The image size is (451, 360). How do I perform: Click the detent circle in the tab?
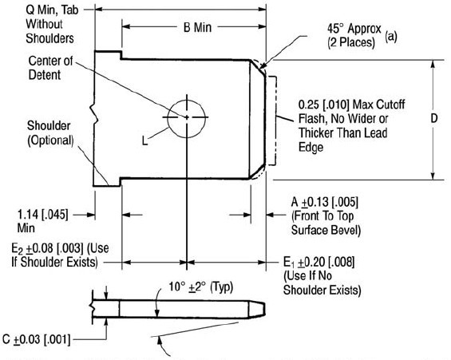pyautogui.click(x=187, y=117)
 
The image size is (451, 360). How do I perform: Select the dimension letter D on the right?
pyautogui.click(x=433, y=118)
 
